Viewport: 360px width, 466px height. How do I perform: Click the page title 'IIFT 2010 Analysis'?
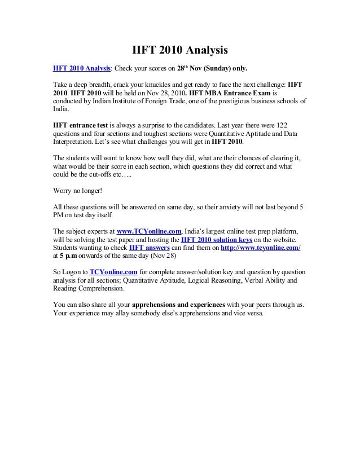tap(180, 51)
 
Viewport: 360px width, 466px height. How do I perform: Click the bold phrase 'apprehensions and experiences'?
tap(178, 305)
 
